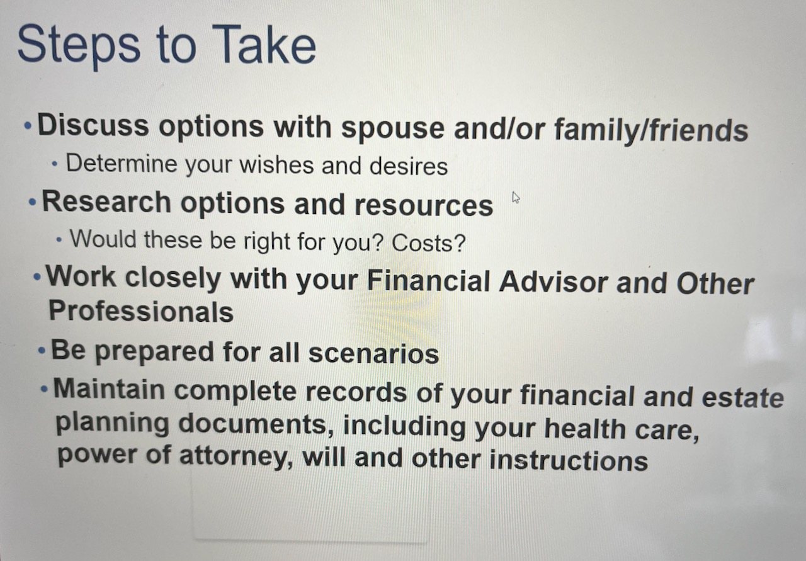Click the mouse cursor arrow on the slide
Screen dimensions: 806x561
click(x=516, y=198)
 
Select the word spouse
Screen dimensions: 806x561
click(x=393, y=130)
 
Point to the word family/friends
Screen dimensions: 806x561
click(x=651, y=130)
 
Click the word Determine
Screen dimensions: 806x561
click(x=122, y=163)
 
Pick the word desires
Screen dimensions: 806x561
click(x=409, y=166)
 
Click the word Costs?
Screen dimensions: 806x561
click(x=429, y=243)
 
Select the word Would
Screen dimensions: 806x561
click(x=103, y=239)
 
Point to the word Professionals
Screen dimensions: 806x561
click(x=141, y=311)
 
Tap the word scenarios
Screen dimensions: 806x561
click(x=374, y=354)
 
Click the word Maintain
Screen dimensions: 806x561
click(x=109, y=390)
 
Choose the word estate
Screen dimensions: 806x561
click(x=743, y=397)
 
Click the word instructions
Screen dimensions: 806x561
click(x=569, y=460)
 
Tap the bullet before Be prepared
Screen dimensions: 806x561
click(x=42, y=350)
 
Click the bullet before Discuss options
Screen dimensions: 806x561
click(x=28, y=126)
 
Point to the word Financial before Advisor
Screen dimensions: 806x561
click(x=428, y=281)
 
